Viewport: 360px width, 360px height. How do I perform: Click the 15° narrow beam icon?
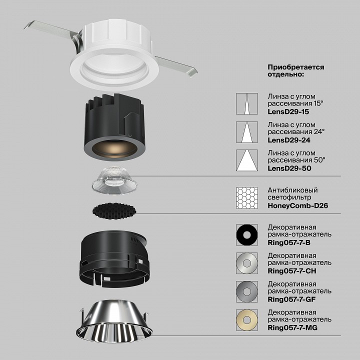pyautogui.click(x=247, y=103)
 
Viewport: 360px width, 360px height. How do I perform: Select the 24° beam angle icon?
pyautogui.click(x=247, y=132)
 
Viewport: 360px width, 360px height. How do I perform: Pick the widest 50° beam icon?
pyautogui.click(x=247, y=161)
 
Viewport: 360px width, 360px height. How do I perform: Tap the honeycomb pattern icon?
pyautogui.click(x=247, y=198)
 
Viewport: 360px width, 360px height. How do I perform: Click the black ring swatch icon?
pyautogui.click(x=247, y=234)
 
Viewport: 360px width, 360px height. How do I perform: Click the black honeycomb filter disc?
pyautogui.click(x=112, y=211)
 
